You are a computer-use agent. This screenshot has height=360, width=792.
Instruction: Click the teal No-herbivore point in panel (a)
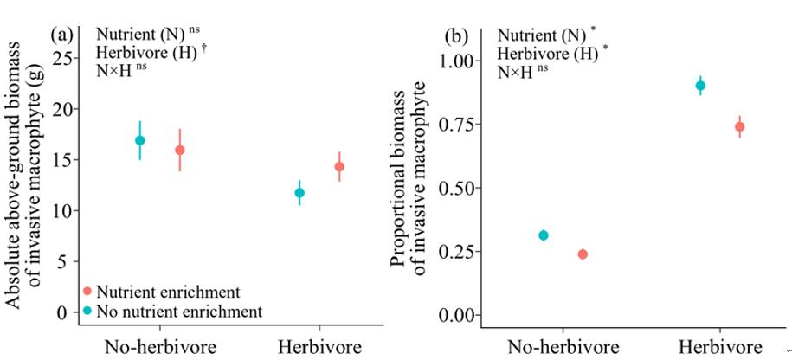pyautogui.click(x=139, y=140)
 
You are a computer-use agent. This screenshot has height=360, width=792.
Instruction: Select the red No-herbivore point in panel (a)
pyautogui.click(x=180, y=150)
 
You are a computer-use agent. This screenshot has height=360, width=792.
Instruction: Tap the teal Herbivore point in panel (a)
pyautogui.click(x=299, y=192)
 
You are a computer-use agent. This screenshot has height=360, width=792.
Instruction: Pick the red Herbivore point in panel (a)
pyautogui.click(x=339, y=166)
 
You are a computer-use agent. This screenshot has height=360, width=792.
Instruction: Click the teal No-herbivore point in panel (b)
pyautogui.click(x=543, y=235)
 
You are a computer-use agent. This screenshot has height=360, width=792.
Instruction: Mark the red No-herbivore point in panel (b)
pyautogui.click(x=583, y=254)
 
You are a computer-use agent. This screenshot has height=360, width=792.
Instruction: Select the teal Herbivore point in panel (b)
pyautogui.click(x=701, y=86)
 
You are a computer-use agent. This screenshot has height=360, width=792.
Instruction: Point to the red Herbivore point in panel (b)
pyautogui.click(x=740, y=126)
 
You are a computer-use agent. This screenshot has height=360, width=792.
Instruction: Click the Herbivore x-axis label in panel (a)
pyautogui.click(x=319, y=348)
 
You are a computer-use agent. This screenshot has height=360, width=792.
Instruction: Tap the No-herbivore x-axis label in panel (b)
pyautogui.click(x=563, y=349)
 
